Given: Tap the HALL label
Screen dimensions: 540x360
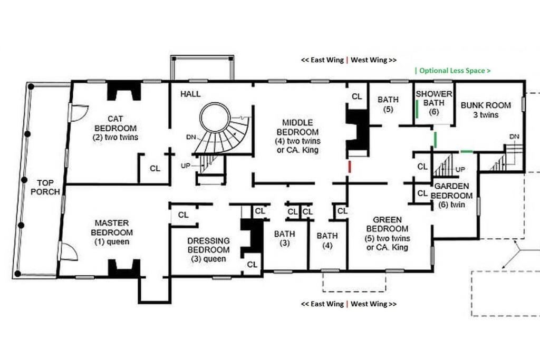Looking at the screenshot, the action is coord(190,94).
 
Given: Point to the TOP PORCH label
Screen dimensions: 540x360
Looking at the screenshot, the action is coord(45,187).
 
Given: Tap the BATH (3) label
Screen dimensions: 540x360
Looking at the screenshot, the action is coord(284,238).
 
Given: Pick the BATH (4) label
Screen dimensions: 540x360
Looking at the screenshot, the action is coord(327,240).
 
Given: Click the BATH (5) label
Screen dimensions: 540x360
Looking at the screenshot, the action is coord(388,104).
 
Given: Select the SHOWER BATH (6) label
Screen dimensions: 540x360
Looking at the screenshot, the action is coord(434,103).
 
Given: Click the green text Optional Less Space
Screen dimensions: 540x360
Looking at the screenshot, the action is coord(452,71).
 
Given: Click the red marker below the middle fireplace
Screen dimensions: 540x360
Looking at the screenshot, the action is coord(350,167).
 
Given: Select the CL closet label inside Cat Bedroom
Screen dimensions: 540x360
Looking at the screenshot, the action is coord(155,168).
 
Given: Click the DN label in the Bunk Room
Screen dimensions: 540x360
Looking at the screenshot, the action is coord(514,137).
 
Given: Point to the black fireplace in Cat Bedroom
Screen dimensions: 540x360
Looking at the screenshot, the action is coord(124,90).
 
